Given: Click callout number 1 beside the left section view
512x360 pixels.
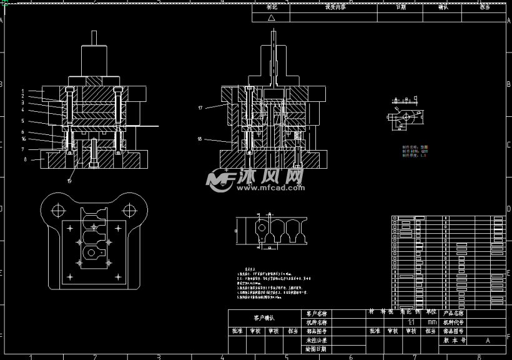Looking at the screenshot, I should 22,91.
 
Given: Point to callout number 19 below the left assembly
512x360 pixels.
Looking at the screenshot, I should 69,181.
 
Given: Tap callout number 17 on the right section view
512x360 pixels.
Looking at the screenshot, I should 200,108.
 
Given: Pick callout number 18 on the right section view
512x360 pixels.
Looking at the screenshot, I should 200,139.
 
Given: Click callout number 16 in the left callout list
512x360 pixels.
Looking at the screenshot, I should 22,139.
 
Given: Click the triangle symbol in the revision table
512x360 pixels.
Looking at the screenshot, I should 271,18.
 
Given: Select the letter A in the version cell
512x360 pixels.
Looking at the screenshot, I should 487,341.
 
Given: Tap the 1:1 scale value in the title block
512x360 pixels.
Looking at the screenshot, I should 411,322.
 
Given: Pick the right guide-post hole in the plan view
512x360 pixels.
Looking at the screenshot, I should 129,210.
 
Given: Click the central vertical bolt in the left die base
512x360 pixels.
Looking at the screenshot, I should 94,153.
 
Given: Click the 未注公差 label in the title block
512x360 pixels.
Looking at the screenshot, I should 317,340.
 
